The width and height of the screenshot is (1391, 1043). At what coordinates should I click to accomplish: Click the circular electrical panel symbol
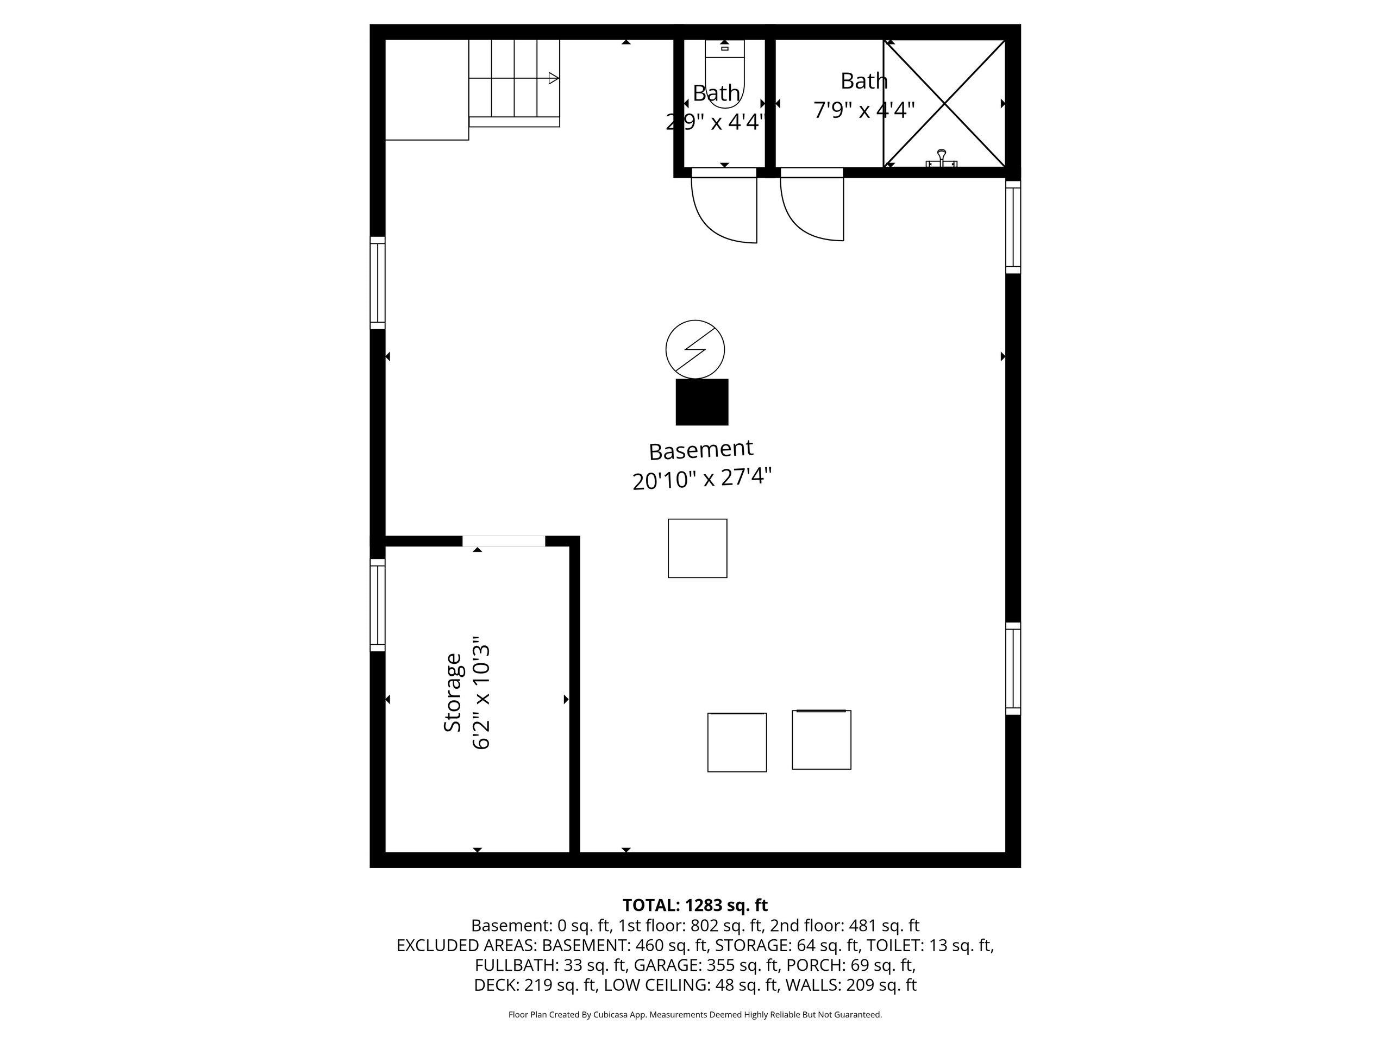tap(695, 349)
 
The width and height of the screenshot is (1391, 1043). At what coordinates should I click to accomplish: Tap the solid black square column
tap(702, 402)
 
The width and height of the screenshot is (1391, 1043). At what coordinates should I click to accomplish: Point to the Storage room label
tap(453, 692)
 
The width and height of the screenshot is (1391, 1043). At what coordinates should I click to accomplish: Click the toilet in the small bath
tap(724, 72)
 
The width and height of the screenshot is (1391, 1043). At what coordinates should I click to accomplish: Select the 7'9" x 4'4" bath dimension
tap(864, 111)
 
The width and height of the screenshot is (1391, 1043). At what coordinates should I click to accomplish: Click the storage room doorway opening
tap(504, 541)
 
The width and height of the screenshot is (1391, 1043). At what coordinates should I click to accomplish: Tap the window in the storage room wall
tap(377, 605)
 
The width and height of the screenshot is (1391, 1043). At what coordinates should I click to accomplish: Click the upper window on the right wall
tap(1013, 227)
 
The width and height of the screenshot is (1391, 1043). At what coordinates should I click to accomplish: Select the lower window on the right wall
tap(1013, 668)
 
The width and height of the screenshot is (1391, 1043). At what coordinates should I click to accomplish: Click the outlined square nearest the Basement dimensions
tap(697, 548)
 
